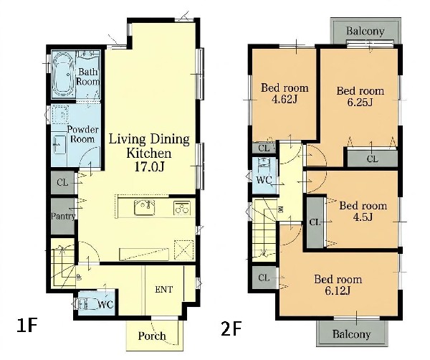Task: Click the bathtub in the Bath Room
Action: (x=62, y=74)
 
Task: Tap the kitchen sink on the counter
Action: (x=144, y=207)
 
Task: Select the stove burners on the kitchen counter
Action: (x=182, y=208)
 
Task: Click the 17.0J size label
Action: (x=149, y=166)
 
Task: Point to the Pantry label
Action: (x=63, y=217)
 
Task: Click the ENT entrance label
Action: (x=163, y=290)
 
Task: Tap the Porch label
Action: (x=152, y=336)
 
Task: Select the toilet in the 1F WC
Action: (x=86, y=304)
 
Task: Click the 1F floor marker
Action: (x=27, y=326)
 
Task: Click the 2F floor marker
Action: (x=231, y=328)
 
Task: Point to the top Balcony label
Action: (x=365, y=31)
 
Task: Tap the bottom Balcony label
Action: (x=351, y=334)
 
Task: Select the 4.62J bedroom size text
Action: (x=285, y=99)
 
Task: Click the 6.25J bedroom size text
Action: (x=360, y=103)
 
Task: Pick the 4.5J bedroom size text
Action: (x=363, y=217)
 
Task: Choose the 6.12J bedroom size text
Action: (x=338, y=290)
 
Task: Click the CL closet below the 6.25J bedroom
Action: (x=372, y=158)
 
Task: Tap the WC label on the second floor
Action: (x=264, y=180)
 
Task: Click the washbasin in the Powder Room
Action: (x=59, y=144)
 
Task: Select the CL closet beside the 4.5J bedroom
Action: (x=315, y=222)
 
